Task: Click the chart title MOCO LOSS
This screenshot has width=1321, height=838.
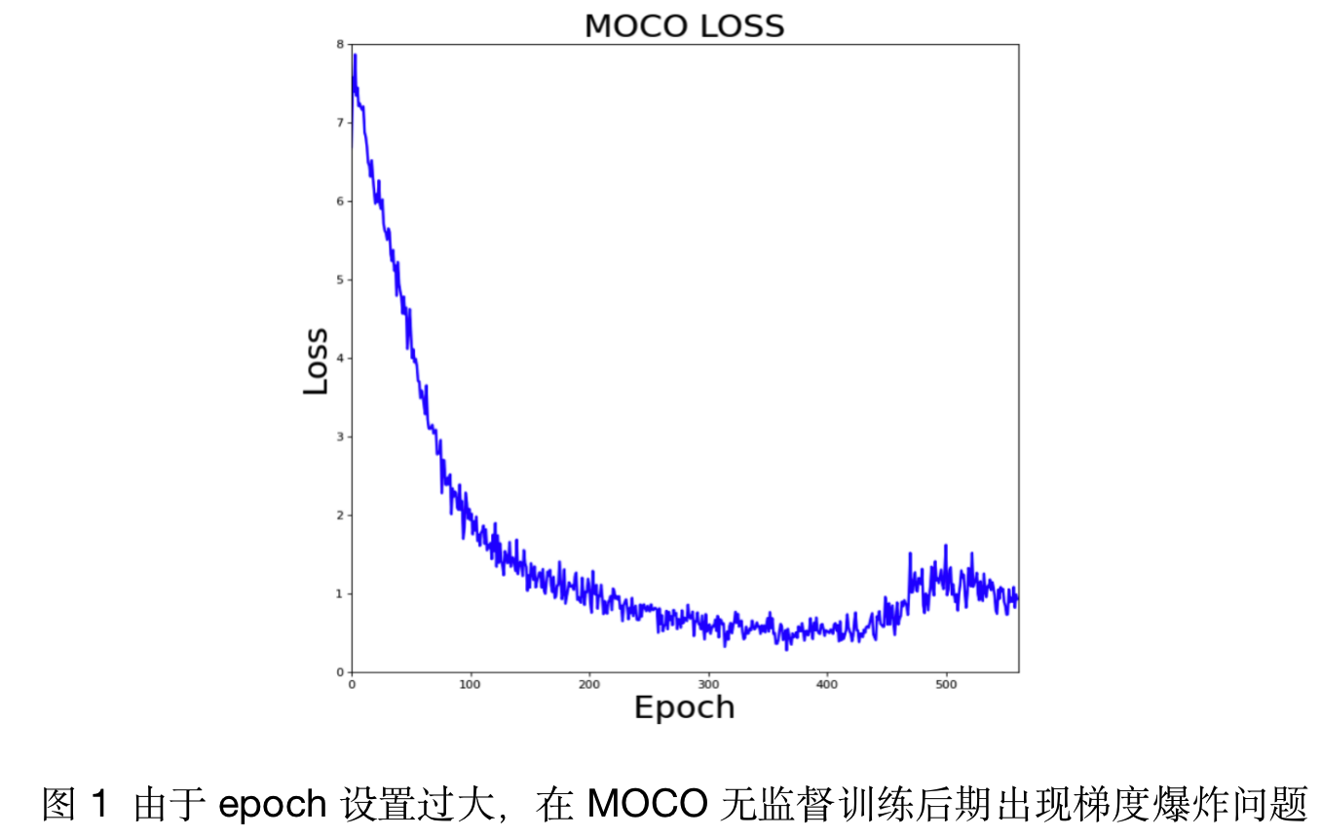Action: [684, 26]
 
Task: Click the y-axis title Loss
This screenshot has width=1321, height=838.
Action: [316, 361]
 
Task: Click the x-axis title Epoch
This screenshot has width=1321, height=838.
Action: [684, 707]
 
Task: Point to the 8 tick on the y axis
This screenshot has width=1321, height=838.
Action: [339, 44]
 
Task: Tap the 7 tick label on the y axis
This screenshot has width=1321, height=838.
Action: [339, 123]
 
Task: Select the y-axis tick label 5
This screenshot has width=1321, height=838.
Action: [339, 280]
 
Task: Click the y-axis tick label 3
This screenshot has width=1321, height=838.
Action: [339, 437]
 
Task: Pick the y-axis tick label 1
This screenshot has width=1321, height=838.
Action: [339, 593]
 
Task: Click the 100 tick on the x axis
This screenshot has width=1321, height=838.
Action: [471, 684]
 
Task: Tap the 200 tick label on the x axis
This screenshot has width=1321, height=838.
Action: [589, 684]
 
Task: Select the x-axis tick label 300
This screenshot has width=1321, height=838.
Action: [708, 684]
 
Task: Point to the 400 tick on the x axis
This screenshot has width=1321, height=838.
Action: [827, 684]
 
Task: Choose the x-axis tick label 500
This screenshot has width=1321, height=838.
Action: [946, 684]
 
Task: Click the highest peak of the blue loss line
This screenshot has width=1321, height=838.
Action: [355, 56]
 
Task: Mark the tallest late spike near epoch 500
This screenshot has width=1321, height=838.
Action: [945, 546]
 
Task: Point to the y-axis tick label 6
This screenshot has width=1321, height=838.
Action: [339, 201]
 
